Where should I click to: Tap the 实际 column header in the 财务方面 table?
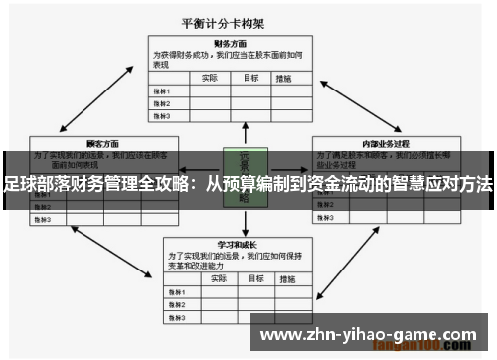(x=209, y=77)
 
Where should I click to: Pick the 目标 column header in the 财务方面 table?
(x=251, y=77)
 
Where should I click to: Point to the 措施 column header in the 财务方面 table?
(x=286, y=77)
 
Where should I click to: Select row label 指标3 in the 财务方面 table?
(x=162, y=115)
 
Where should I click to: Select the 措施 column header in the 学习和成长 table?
(x=288, y=278)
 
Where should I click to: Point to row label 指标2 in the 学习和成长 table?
(x=176, y=305)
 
